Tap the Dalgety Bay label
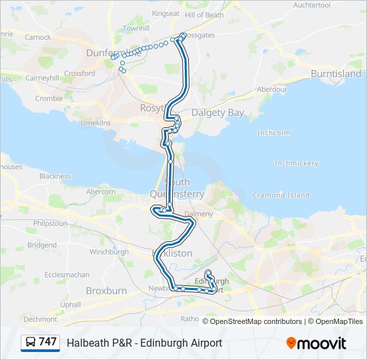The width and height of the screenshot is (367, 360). (x=218, y=113)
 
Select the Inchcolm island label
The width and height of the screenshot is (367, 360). (x=274, y=133)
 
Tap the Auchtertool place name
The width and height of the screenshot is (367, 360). (x=311, y=5)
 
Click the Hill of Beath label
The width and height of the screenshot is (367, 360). (x=204, y=15)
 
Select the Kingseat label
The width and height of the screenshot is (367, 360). (x=165, y=13)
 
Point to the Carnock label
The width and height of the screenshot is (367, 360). (x=37, y=37)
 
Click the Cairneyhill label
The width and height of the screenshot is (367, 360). (x=42, y=77)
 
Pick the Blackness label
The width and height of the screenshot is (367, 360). (x=55, y=177)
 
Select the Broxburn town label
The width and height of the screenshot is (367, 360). (x=106, y=291)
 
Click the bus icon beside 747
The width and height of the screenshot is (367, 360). (x=31, y=342)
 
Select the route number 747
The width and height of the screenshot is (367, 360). (x=47, y=342)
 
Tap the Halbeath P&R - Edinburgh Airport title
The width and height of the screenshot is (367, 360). (x=144, y=343)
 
